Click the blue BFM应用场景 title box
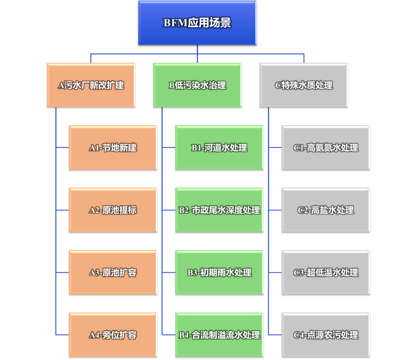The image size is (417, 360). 197,23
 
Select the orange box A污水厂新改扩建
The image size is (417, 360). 91,85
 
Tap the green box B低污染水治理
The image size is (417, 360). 197,85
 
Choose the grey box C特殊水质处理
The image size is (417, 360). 304,85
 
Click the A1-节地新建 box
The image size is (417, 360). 113,148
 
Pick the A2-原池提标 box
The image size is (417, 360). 113,210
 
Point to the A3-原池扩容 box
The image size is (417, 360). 113,272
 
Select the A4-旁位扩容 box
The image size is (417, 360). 113,335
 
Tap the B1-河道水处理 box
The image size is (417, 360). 219,148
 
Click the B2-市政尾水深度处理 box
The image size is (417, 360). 219,210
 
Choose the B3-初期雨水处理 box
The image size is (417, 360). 219,272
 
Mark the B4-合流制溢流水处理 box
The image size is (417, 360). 219,335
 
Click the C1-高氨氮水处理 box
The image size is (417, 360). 326,148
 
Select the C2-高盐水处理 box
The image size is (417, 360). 326,210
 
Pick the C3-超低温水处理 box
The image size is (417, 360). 326,272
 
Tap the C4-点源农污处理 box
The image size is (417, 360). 326,335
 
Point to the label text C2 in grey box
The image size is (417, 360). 303,211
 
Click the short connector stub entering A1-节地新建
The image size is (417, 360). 63,148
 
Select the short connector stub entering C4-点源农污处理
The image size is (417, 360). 275,335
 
